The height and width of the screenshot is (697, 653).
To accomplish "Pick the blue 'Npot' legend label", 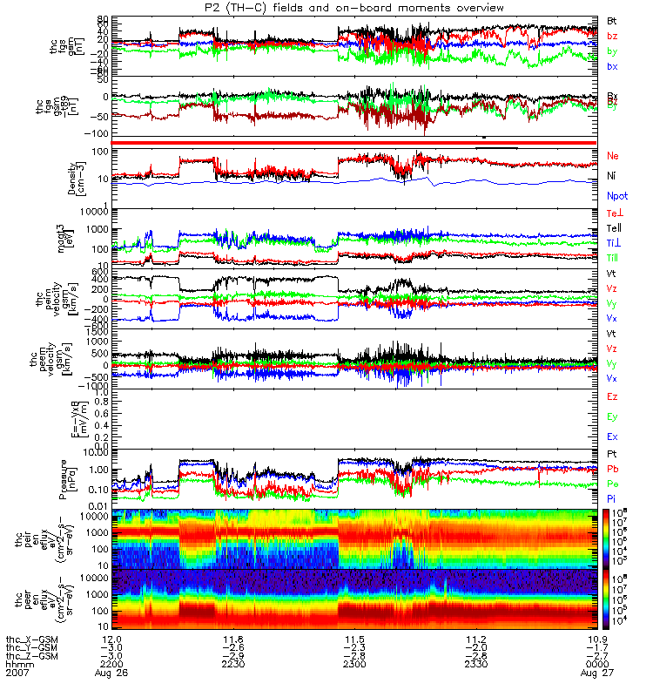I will point(617,197).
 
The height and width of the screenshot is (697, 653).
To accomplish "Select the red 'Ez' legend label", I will point(612,396).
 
